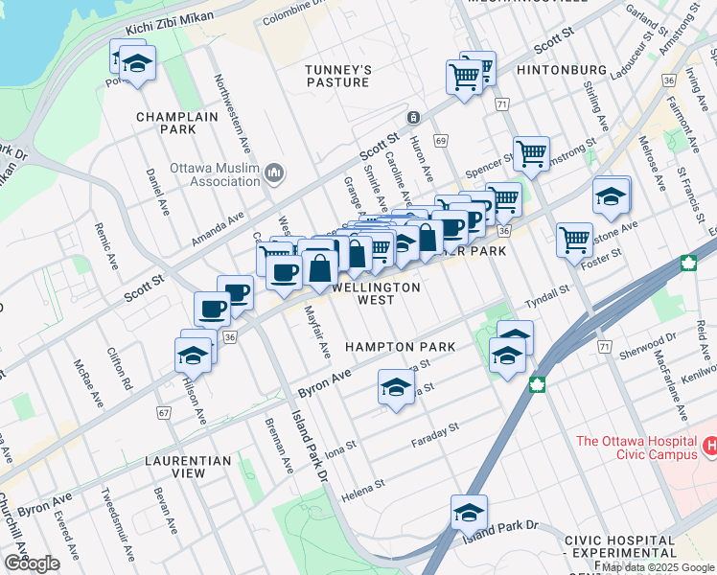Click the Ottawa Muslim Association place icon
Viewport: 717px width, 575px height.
[x=275, y=173]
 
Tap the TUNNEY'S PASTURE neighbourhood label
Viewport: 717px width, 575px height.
[x=336, y=76]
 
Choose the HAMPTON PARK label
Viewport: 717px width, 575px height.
[x=400, y=346]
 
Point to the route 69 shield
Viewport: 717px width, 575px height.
[x=441, y=141]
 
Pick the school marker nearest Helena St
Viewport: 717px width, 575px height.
[x=469, y=513]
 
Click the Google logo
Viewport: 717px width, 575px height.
[x=32, y=563]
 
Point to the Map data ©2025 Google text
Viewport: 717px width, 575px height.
[x=657, y=567]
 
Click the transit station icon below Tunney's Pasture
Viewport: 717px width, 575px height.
[x=412, y=118]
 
